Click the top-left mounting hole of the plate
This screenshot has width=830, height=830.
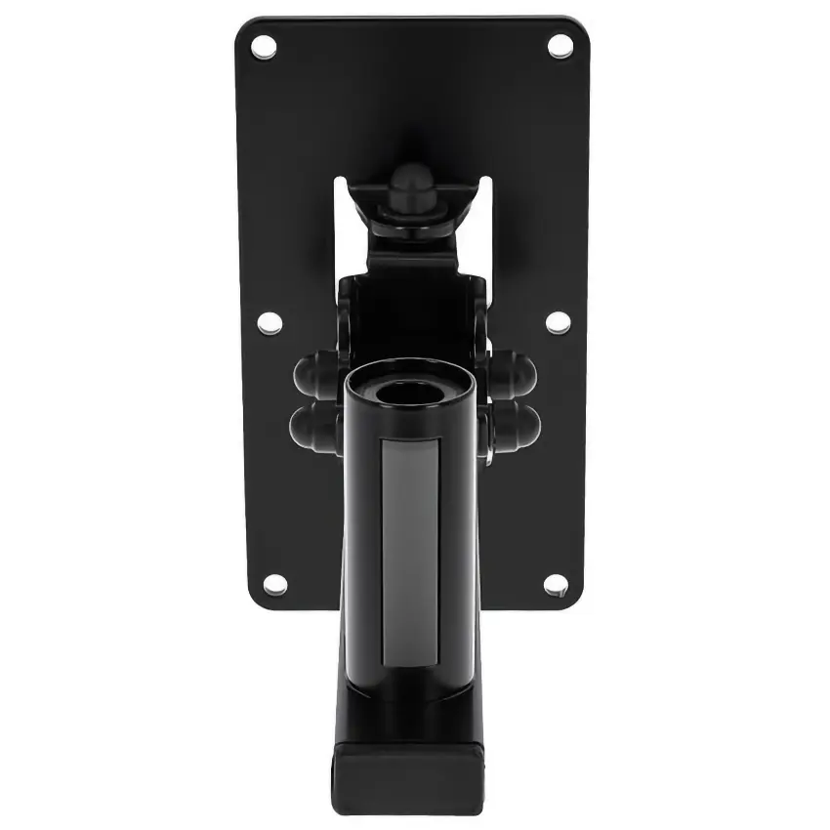pos(264,45)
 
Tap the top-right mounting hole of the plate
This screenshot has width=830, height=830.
pos(560,45)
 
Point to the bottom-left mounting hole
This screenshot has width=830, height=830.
pos(274,584)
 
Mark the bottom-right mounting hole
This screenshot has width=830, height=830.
pos(555,584)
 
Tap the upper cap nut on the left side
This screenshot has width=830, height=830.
pos(312,371)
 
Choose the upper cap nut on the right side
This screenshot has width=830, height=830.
pos(516,371)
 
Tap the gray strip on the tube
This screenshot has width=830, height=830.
pos(410,547)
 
